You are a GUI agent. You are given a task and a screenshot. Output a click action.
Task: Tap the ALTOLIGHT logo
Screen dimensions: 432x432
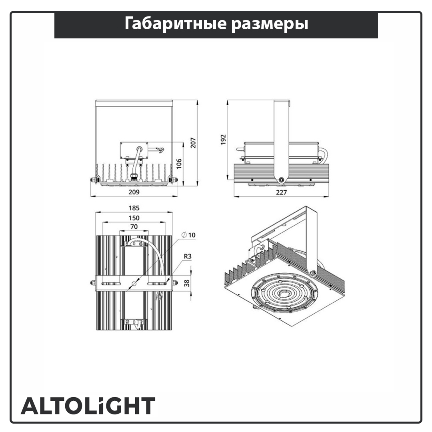[x=88, y=406]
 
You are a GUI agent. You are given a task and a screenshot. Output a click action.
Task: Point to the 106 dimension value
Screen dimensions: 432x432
[x=179, y=164]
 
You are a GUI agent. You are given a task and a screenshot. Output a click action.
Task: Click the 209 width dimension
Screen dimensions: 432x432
[x=134, y=192]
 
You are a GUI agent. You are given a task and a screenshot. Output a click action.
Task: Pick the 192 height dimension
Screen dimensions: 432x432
[x=223, y=140]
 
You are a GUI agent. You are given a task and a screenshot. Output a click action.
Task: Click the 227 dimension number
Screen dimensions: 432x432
[x=281, y=192]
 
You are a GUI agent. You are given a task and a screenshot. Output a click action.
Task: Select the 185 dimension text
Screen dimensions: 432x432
[x=134, y=208]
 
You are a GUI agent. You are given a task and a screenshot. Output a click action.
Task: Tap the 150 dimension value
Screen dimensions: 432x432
[x=134, y=218]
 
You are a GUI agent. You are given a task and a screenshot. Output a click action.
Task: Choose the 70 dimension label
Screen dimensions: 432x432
[x=134, y=226]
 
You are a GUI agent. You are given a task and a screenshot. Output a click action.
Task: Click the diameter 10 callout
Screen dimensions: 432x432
[x=188, y=235]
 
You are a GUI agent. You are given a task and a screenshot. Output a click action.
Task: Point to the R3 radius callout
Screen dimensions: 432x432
[x=188, y=256]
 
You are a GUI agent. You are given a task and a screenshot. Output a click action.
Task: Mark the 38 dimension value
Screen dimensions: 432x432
[x=187, y=283]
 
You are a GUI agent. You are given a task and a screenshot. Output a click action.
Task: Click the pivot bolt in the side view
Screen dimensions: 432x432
[x=281, y=180]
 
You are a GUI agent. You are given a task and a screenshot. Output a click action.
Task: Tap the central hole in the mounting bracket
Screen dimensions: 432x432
[x=134, y=283]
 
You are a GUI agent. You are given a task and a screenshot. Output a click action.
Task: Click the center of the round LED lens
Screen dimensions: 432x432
[x=283, y=293]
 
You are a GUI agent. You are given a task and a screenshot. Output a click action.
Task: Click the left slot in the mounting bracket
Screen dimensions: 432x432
[x=111, y=284]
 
